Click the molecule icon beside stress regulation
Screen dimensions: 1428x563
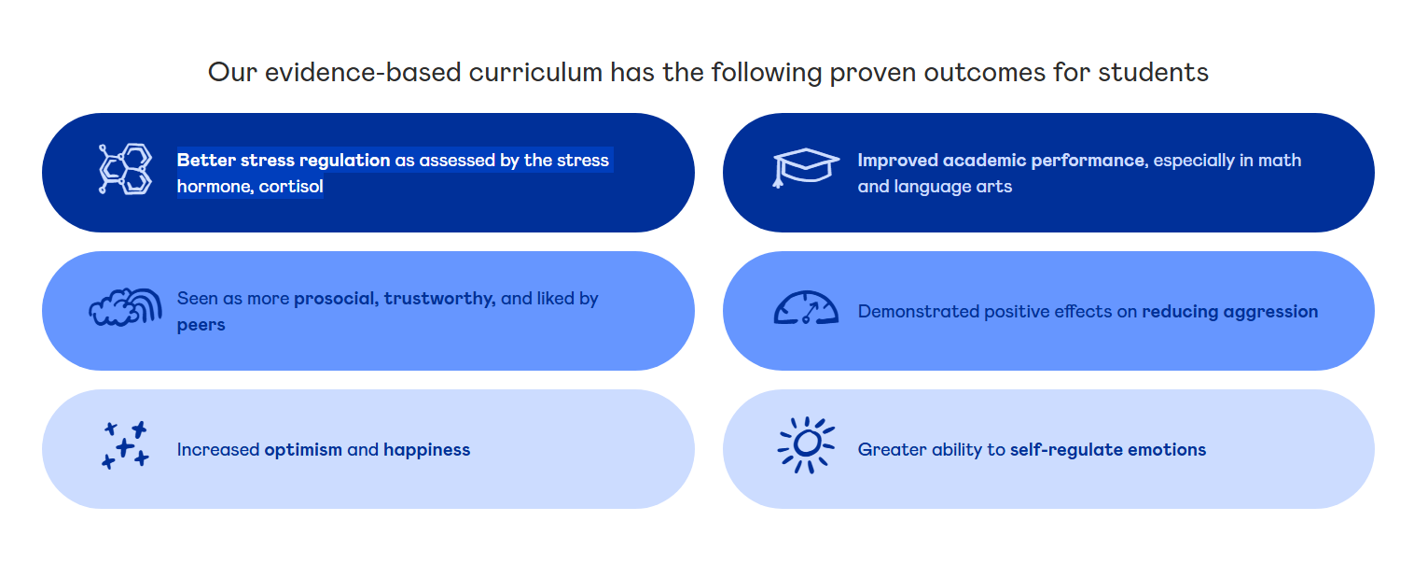click(x=126, y=168)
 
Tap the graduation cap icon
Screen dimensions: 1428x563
click(x=806, y=168)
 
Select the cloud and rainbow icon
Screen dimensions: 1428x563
click(x=125, y=307)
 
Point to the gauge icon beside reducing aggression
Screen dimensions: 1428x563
click(x=806, y=308)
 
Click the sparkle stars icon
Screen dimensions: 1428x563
click(x=125, y=445)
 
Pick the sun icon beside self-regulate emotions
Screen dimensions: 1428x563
click(x=806, y=445)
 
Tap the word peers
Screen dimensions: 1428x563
click(x=201, y=326)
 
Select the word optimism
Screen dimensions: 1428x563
click(x=303, y=450)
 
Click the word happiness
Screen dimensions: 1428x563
click(x=426, y=450)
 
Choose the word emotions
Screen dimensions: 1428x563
click(x=1167, y=450)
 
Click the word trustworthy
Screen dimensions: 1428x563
click(x=439, y=299)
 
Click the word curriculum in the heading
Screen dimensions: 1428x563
click(x=535, y=72)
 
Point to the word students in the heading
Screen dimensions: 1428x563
click(x=1153, y=72)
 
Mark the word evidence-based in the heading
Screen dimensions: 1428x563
click(x=363, y=72)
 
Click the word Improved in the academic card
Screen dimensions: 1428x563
click(x=897, y=161)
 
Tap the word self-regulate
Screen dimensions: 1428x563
click(x=1066, y=450)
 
